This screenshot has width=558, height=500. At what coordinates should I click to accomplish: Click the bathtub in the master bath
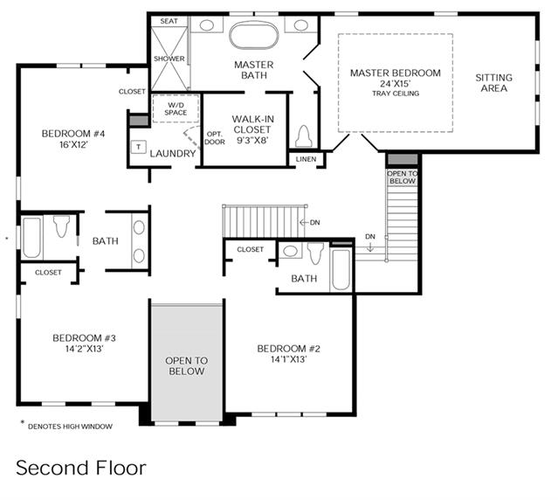click(x=253, y=36)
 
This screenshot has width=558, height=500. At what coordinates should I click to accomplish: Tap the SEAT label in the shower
click(x=169, y=21)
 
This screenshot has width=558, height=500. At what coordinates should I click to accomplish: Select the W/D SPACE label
click(x=176, y=109)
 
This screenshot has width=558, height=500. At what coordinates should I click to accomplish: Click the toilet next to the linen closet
click(x=304, y=136)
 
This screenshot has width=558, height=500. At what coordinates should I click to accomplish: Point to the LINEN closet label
click(x=306, y=159)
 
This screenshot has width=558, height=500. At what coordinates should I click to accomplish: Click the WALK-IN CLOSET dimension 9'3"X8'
click(x=252, y=141)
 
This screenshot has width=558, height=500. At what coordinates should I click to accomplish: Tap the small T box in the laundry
click(x=139, y=147)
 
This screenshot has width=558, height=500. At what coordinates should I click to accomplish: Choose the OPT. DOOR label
click(x=215, y=138)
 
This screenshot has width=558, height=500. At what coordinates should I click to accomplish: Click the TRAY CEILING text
click(x=396, y=94)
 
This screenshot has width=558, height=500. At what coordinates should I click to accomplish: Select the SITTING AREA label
click(x=494, y=83)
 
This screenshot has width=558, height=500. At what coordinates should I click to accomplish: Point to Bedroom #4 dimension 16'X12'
click(x=73, y=144)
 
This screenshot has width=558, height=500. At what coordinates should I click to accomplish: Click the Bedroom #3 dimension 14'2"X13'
click(x=84, y=349)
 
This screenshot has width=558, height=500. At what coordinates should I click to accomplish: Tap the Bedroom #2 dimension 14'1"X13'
click(x=289, y=359)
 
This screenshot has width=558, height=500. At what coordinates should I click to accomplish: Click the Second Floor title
click(x=81, y=468)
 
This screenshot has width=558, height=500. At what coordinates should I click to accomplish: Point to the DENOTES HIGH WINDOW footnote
click(x=70, y=427)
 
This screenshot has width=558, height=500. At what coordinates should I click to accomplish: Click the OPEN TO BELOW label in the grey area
click(x=187, y=366)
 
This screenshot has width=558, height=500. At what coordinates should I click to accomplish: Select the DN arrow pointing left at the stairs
click(x=304, y=223)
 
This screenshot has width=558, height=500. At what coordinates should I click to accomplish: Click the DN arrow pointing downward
click(x=370, y=247)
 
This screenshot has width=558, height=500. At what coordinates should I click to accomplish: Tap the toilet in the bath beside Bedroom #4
click(x=62, y=226)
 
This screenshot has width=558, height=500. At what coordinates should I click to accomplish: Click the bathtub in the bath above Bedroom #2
click(x=341, y=269)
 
